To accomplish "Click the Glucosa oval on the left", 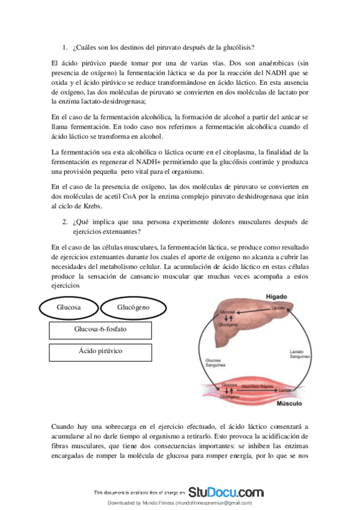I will (x=69, y=308).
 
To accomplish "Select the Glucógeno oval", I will (x=133, y=308).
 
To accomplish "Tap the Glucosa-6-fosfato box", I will (x=100, y=330).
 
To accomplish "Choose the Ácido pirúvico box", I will (x=100, y=351).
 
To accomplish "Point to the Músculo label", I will (x=289, y=402).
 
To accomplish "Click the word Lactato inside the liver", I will (x=278, y=308).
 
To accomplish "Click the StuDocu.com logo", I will (x=226, y=491).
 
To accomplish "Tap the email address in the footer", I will (x=213, y=503).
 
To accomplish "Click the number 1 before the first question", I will (x=65, y=48).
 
